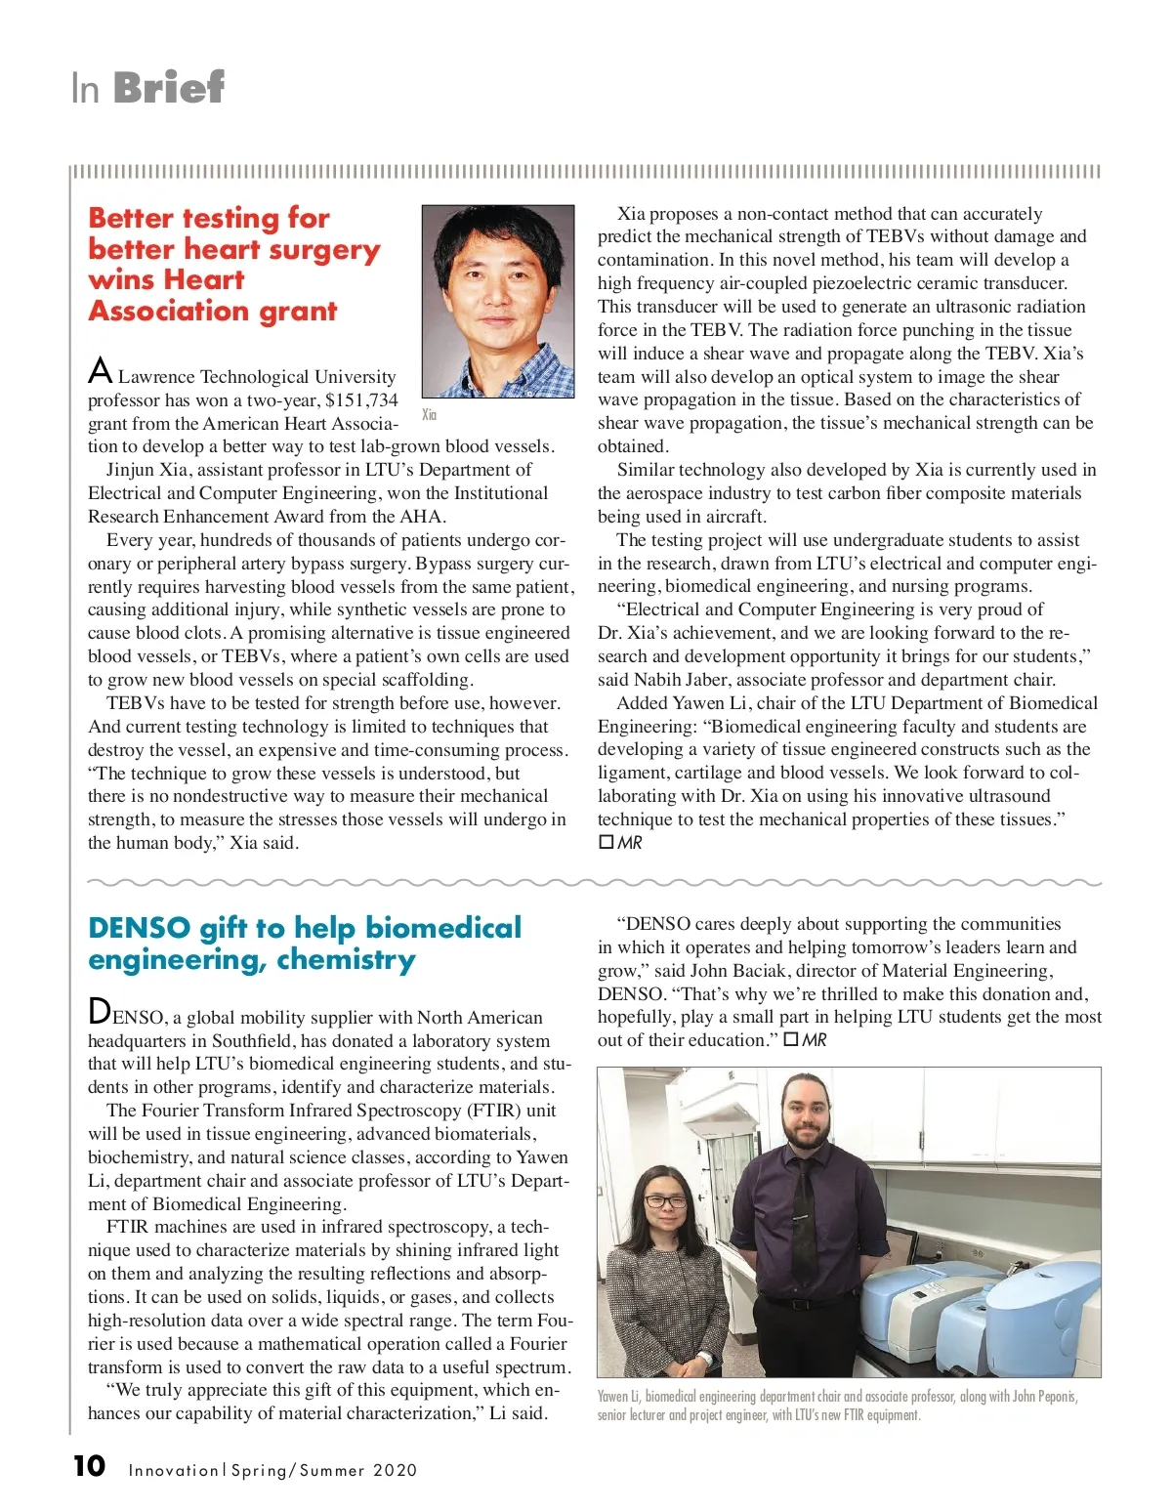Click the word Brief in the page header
(x=169, y=88)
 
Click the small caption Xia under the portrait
(x=429, y=415)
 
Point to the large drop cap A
(x=100, y=372)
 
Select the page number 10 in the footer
(x=89, y=1466)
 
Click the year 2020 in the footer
(x=395, y=1470)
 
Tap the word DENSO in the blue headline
(x=139, y=928)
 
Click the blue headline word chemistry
(x=346, y=960)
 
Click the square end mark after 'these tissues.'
(x=606, y=842)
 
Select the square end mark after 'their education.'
(x=791, y=1040)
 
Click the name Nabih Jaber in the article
(x=682, y=680)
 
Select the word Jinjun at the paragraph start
(x=131, y=470)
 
